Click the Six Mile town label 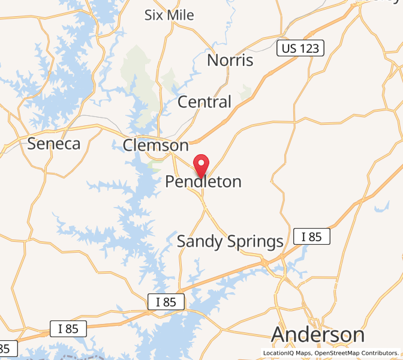tap(169, 15)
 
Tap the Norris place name tap(230, 61)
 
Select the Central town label tap(204, 102)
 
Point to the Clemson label tap(155, 145)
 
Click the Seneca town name tap(54, 144)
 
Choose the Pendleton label tap(203, 181)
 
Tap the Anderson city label tap(318, 334)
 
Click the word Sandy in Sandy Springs tap(200, 242)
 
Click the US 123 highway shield tap(300, 49)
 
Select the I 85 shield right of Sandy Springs tap(311, 236)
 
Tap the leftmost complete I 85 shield tap(68, 329)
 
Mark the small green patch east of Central tap(245, 91)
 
